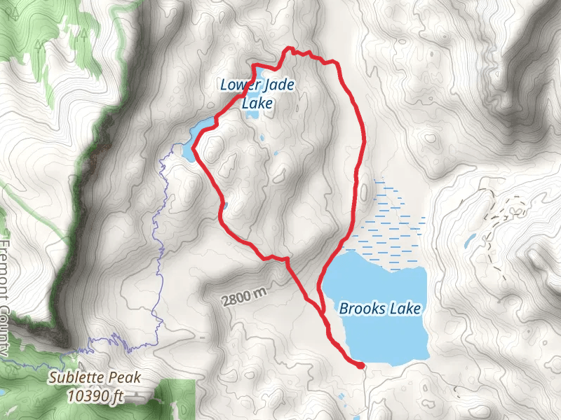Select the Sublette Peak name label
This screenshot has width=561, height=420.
pyautogui.click(x=95, y=378)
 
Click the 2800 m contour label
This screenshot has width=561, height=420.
pyautogui.click(x=245, y=297)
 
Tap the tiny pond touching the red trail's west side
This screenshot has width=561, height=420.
pyautogui.click(x=224, y=205)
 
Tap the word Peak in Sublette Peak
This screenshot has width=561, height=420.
pyautogui.click(x=125, y=378)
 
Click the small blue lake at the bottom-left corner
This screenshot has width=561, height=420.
pyautogui.click(x=4, y=392)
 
